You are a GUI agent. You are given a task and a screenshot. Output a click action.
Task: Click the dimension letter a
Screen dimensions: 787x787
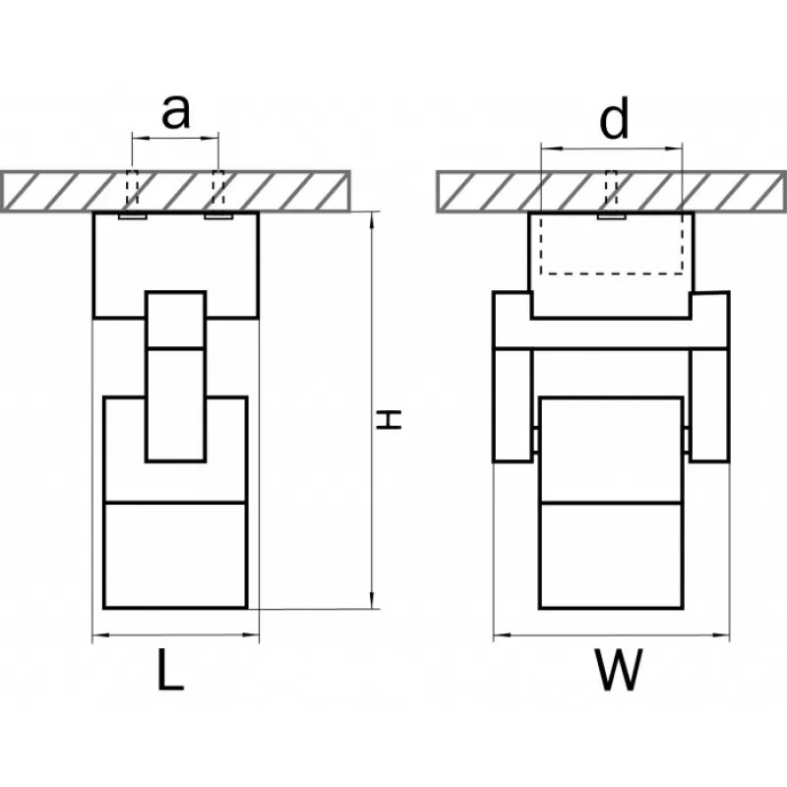(176, 111)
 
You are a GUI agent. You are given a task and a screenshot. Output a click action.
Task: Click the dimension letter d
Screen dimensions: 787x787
(614, 118)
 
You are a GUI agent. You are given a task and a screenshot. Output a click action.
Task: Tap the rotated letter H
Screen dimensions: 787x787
(390, 420)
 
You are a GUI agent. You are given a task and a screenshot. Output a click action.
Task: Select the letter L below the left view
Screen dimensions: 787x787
(170, 670)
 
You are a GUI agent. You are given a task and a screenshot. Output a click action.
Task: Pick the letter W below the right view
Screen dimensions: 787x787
(619, 670)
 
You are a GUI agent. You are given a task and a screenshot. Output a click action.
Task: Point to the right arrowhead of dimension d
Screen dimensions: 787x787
(674, 149)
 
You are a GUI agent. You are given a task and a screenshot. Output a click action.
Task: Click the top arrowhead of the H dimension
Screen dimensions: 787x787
(372, 220)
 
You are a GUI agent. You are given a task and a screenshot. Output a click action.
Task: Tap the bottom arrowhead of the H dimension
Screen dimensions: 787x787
(372, 601)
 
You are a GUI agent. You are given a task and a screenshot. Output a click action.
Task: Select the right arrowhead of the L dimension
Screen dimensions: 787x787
(251, 635)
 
